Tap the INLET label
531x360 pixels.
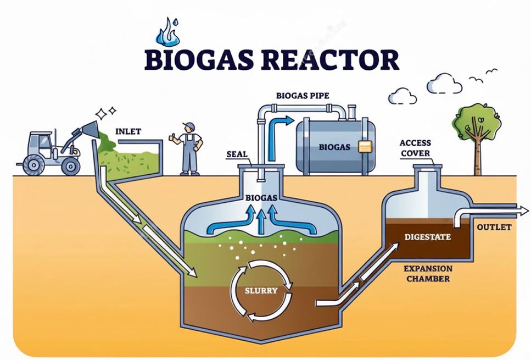pos(128,131)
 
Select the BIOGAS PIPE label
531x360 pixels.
pos(303,96)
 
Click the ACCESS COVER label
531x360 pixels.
pos(415,148)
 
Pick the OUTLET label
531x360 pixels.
pos(494,227)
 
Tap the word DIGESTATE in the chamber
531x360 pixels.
pos(427,237)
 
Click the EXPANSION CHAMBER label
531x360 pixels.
pos(428,273)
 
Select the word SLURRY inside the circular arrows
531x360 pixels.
pos(261,290)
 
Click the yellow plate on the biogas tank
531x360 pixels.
pos(365,147)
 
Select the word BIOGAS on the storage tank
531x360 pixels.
pos(334,147)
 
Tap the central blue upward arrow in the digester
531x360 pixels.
pos(261,219)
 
